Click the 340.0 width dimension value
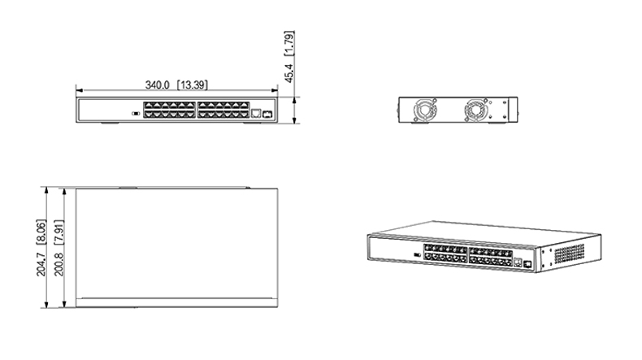tap(159, 85)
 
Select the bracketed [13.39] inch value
tap(194, 85)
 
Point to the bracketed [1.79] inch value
tap(288, 44)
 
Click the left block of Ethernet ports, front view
tap(168, 111)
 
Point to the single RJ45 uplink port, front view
tap(255, 115)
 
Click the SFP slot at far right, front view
tap(267, 115)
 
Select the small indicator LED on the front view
tap(135, 114)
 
